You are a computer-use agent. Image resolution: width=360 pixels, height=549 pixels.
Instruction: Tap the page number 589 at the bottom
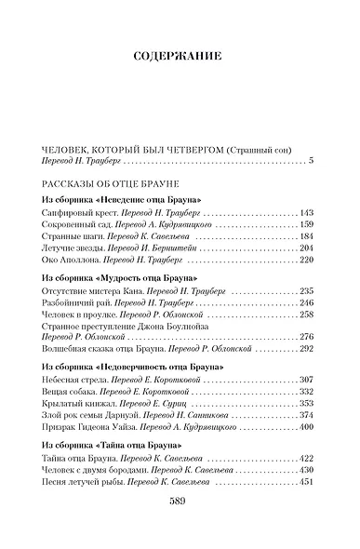click(x=179, y=526)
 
